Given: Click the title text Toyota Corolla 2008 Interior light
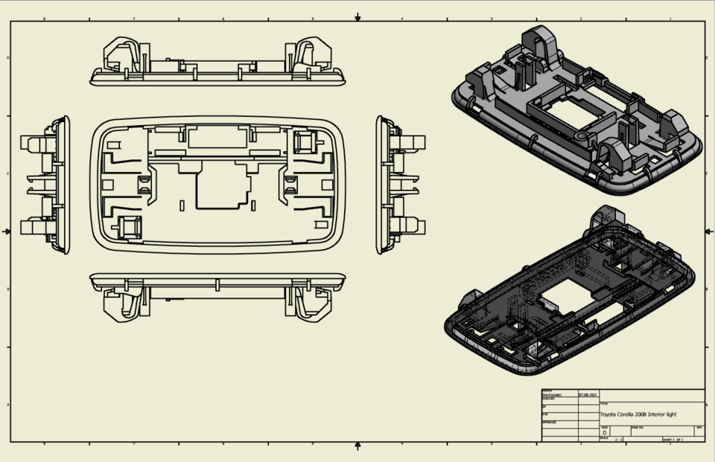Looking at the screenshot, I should (x=639, y=414).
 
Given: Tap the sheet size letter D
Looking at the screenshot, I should (x=604, y=432).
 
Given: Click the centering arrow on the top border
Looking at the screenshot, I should (x=358, y=16).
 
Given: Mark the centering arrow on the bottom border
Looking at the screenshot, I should (x=358, y=446).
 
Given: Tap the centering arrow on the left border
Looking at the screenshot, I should (x=7, y=231).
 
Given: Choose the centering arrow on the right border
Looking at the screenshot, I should (x=708, y=231).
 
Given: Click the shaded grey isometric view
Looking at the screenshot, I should (x=577, y=112).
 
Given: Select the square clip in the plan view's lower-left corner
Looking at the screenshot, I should (x=130, y=226).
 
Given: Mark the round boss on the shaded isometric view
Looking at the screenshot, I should (x=582, y=138).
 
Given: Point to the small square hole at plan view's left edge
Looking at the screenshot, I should (x=107, y=183).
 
